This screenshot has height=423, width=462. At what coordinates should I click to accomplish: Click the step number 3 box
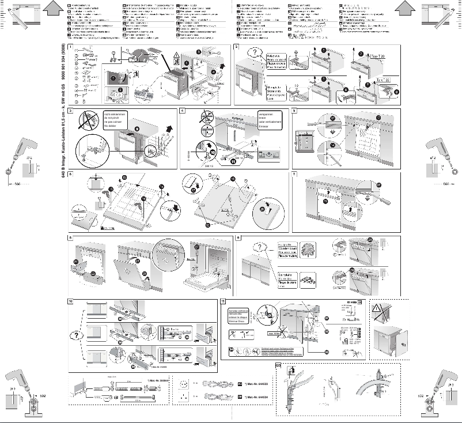69,110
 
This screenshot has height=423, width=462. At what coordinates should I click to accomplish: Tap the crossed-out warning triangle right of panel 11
381,311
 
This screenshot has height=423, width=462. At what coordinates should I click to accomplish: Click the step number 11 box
224,301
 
